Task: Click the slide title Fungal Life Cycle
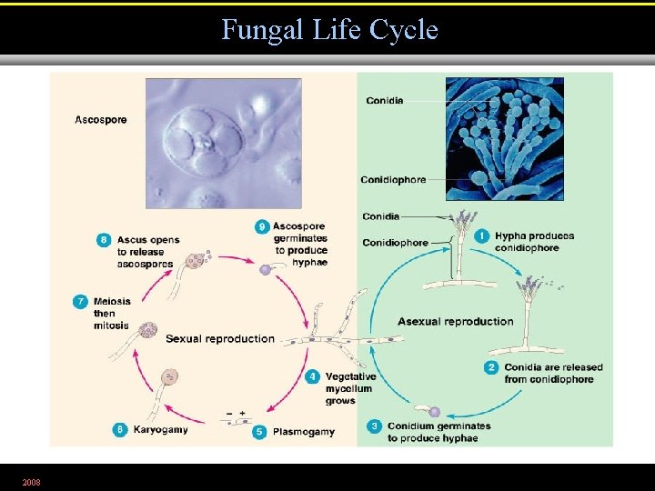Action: pyautogui.click(x=329, y=30)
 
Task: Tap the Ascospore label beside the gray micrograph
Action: pyautogui.click(x=101, y=119)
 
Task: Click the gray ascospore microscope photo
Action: pyautogui.click(x=223, y=143)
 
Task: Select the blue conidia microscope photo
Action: pyautogui.click(x=504, y=138)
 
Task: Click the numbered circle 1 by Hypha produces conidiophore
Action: pyautogui.click(x=482, y=236)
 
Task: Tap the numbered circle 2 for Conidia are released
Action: pyautogui.click(x=490, y=367)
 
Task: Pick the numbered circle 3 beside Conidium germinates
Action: pyautogui.click(x=374, y=426)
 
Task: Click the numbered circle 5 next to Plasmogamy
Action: pyautogui.click(x=259, y=432)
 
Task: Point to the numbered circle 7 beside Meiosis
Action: pyautogui.click(x=81, y=302)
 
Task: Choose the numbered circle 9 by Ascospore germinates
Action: pyautogui.click(x=262, y=226)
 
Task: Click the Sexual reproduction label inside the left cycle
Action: pyautogui.click(x=219, y=339)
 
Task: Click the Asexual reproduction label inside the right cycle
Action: pyautogui.click(x=455, y=321)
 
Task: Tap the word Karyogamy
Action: pyautogui.click(x=160, y=430)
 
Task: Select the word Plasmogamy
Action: pyautogui.click(x=303, y=432)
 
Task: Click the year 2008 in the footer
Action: pyautogui.click(x=32, y=480)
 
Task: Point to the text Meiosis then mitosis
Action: pyautogui.click(x=111, y=314)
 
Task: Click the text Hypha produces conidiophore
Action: pyautogui.click(x=534, y=242)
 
